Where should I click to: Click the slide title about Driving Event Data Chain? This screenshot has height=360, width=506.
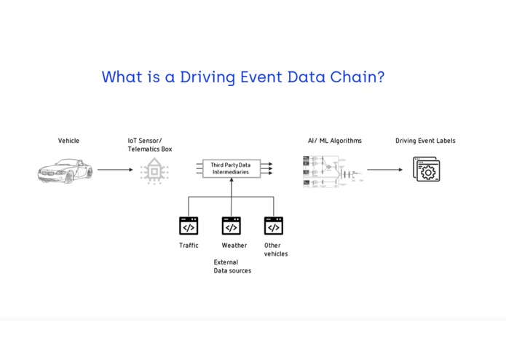coord(242,77)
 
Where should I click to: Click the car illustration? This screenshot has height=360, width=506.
coord(65,171)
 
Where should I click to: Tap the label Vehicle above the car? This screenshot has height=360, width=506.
coord(68,141)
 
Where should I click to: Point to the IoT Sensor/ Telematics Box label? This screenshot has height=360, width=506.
coord(150,145)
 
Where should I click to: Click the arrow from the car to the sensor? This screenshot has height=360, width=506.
coord(115,170)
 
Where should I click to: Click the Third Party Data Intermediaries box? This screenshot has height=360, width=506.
coord(231,169)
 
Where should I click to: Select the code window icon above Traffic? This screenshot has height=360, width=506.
coord(189,226)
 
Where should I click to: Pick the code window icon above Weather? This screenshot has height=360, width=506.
coord(232,226)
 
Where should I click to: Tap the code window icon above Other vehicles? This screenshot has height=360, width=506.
coord(273,226)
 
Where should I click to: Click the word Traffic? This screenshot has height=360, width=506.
coord(189,246)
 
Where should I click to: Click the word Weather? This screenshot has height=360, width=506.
coord(234,246)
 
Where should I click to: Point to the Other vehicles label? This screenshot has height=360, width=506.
coord(276,250)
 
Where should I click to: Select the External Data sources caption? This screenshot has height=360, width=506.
coord(232,267)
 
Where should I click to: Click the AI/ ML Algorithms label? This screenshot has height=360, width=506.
coord(334,141)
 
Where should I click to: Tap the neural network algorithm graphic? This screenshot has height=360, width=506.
coord(332,171)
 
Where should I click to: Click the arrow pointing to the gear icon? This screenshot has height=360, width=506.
coord(384,170)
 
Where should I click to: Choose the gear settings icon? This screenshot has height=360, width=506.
coord(427,171)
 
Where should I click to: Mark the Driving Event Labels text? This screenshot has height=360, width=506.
coord(425,141)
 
